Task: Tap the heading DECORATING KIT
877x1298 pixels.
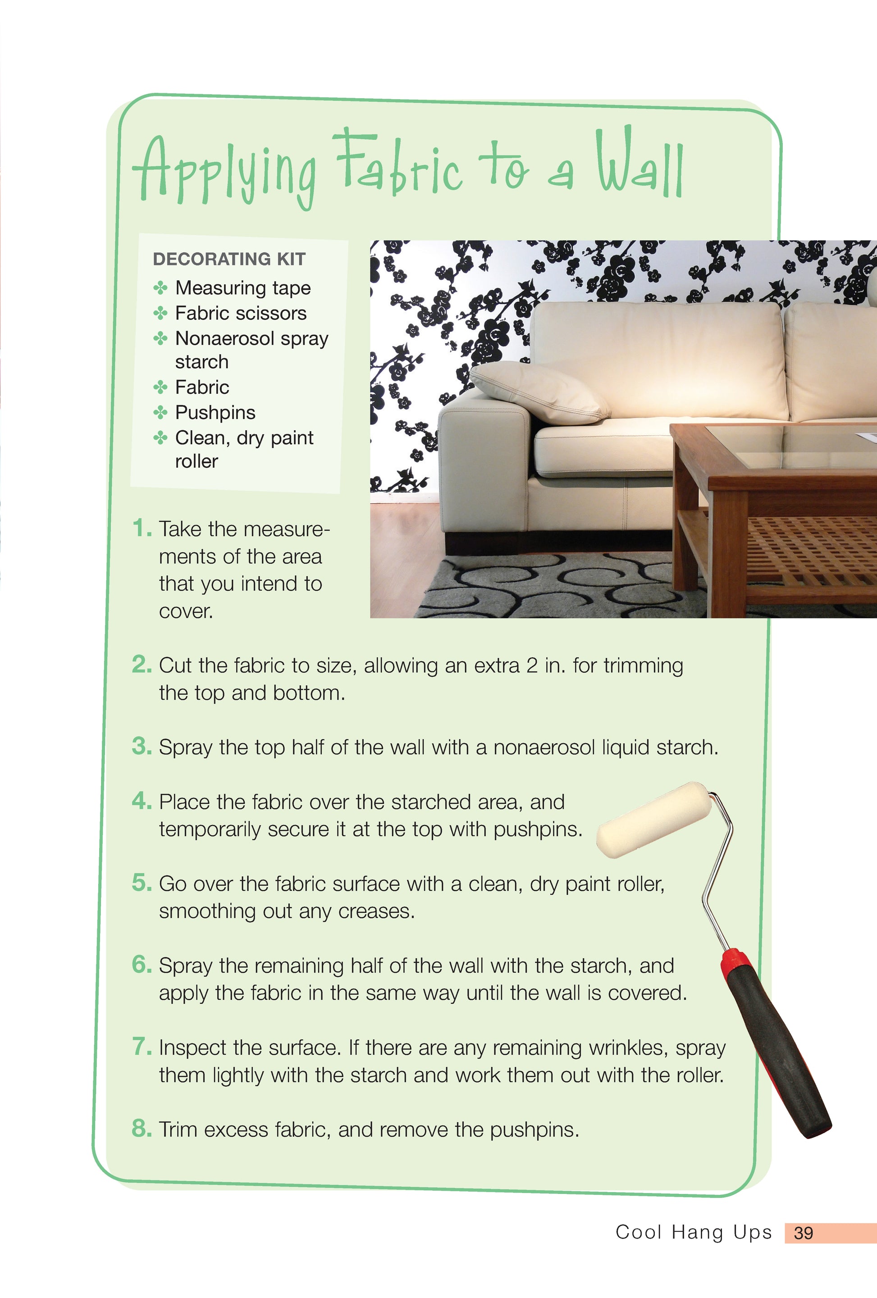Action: click(x=229, y=259)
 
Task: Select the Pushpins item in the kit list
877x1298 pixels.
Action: click(x=215, y=413)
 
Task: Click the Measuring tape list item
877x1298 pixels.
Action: click(x=242, y=288)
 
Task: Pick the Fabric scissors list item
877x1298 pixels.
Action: click(x=241, y=313)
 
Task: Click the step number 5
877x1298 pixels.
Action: click(x=142, y=883)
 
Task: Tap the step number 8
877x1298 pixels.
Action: click(x=142, y=1129)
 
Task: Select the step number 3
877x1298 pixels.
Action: click(x=142, y=746)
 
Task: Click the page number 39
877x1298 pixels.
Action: click(x=803, y=1233)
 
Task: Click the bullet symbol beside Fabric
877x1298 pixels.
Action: click(x=160, y=387)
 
